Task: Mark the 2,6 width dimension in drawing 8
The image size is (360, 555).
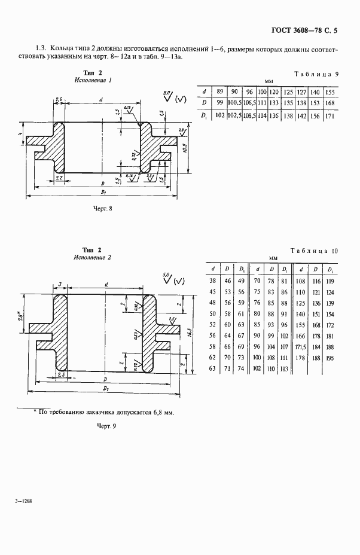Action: click(59, 98)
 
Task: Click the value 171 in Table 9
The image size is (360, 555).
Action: click(328, 115)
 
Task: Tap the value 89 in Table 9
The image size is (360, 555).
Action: click(220, 92)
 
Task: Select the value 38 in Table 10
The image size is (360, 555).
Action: click(213, 280)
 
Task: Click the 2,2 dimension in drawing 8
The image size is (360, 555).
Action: click(59, 179)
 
